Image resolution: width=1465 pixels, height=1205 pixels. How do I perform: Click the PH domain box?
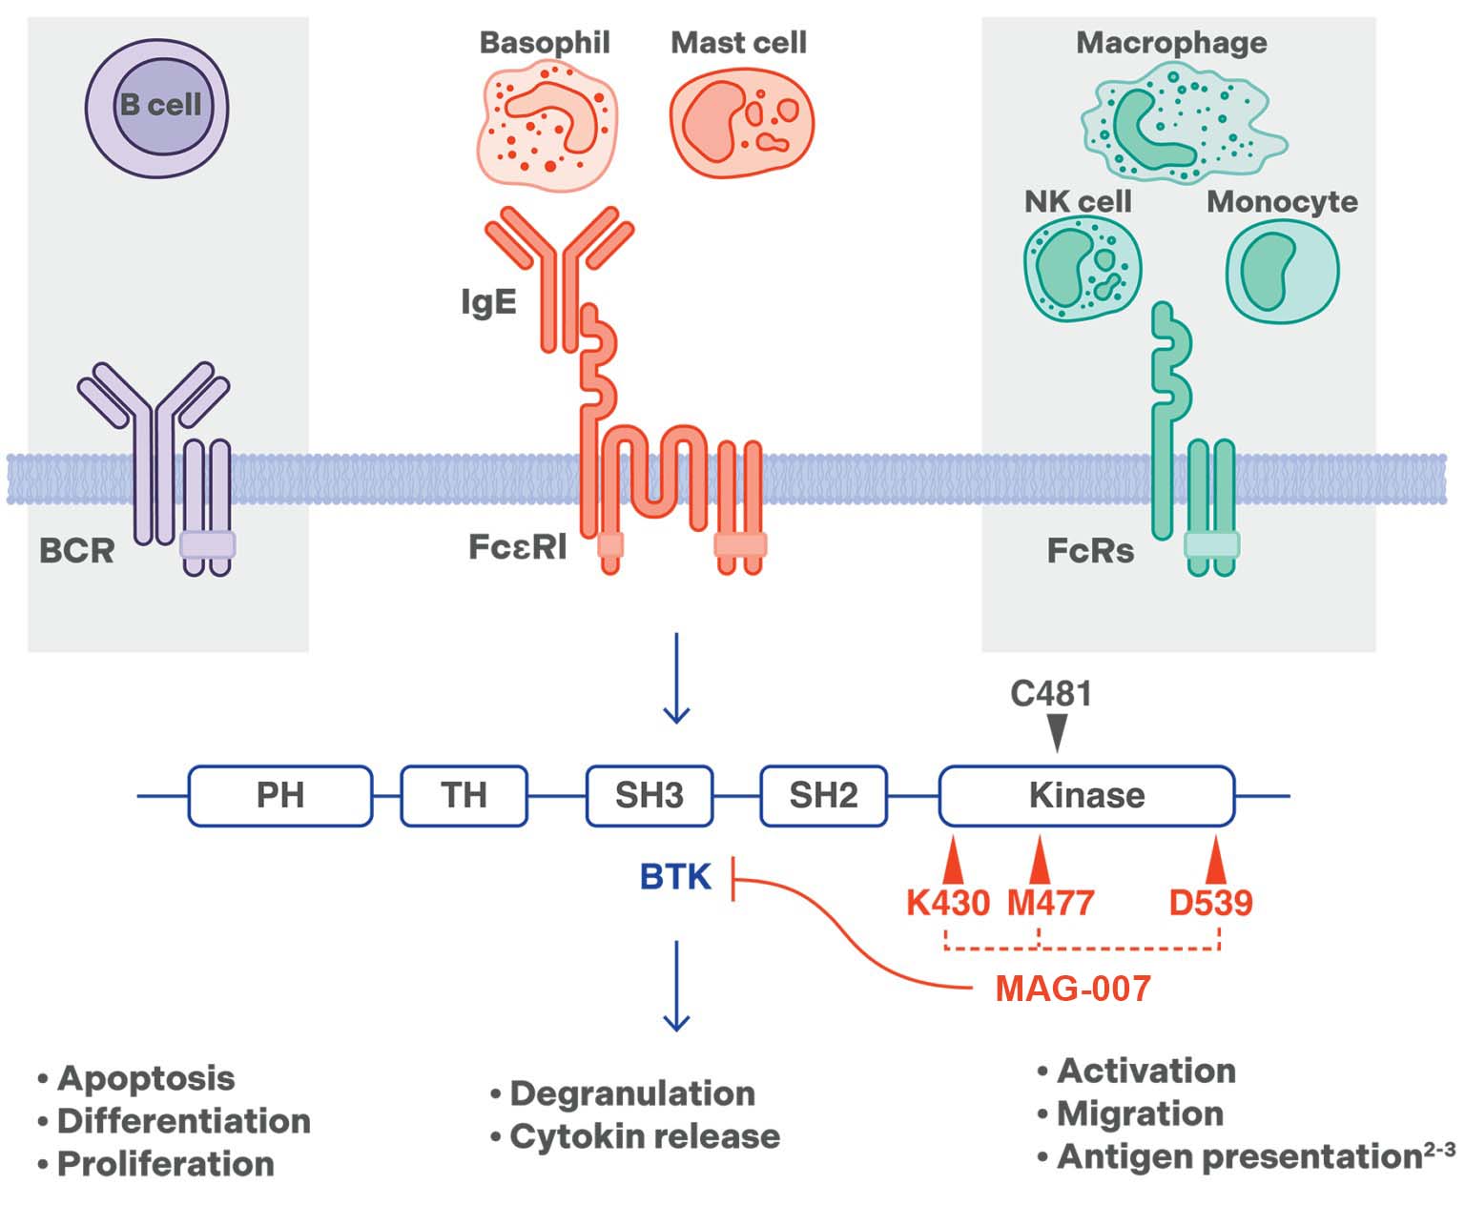[x=280, y=795]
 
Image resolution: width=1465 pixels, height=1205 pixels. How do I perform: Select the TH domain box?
[x=464, y=795]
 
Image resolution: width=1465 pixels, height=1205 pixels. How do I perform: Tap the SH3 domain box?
[x=649, y=795]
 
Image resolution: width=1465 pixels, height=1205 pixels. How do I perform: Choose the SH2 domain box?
[x=823, y=795]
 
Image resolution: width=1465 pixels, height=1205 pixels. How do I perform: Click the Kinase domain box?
[x=1086, y=795]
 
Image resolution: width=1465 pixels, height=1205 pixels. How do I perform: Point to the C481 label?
[x=1050, y=694]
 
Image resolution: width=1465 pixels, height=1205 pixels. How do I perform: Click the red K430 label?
[x=947, y=902]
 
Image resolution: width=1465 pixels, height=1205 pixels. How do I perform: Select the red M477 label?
[x=1050, y=902]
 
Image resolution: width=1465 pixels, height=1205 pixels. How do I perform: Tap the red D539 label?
[x=1210, y=902]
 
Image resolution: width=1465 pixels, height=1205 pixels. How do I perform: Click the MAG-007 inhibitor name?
[x=1073, y=989]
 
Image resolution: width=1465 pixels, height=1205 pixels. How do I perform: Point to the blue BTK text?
[x=675, y=877]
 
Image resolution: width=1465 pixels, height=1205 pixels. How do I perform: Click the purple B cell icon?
[x=157, y=108]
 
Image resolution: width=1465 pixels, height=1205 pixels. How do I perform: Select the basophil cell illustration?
[x=545, y=123]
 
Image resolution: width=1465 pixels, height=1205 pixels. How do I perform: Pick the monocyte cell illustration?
[x=1282, y=271]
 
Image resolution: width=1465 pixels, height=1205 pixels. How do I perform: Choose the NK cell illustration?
[x=1083, y=271]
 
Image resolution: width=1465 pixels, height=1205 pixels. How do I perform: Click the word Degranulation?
[x=632, y=1093]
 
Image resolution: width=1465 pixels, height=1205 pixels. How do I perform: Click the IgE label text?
[x=488, y=302]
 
